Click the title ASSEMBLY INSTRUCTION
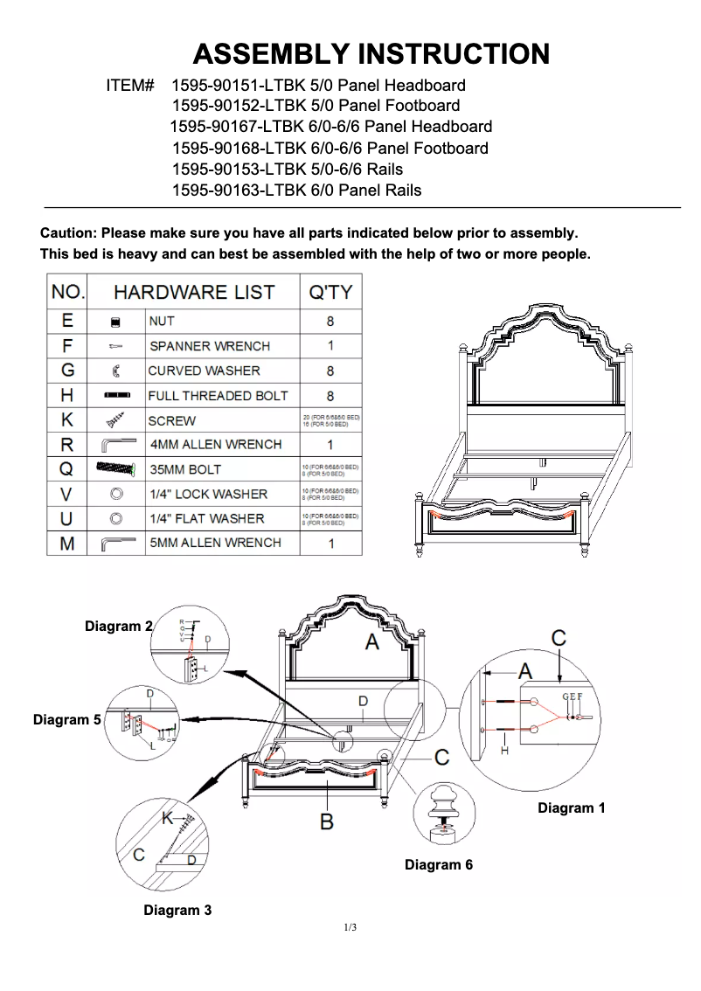point(371,54)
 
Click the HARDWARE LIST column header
point(194,292)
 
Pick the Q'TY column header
point(330,292)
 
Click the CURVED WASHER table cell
point(204,371)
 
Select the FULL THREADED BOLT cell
point(218,396)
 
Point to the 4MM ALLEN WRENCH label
point(216,444)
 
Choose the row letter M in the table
point(67,544)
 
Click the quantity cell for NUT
point(330,322)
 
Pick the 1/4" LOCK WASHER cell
point(208,494)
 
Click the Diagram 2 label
point(118,627)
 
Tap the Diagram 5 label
point(67,720)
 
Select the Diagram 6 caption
point(439,865)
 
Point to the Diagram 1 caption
point(572,808)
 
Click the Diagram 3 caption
point(177,911)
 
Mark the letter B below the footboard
point(326,821)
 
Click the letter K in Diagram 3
point(168,818)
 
